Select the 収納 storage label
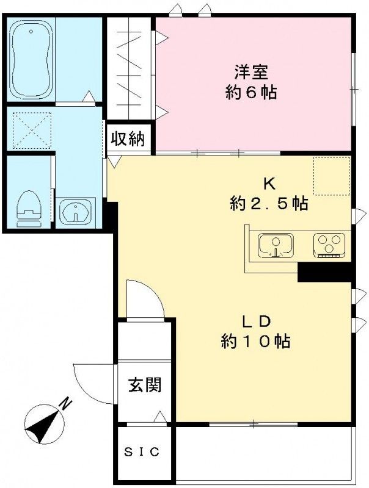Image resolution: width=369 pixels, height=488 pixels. coord(128,139)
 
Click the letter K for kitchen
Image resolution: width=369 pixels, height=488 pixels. coord(268,182)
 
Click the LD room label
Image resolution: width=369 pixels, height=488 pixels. coord(255,321)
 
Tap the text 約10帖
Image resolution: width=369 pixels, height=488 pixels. coord(255,342)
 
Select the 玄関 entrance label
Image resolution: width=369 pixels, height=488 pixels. coord(145,385)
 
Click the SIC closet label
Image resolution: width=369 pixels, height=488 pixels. coord(142,452)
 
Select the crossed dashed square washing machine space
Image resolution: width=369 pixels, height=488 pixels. coord(31,130)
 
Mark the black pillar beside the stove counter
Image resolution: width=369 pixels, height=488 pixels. coord(324,272)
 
